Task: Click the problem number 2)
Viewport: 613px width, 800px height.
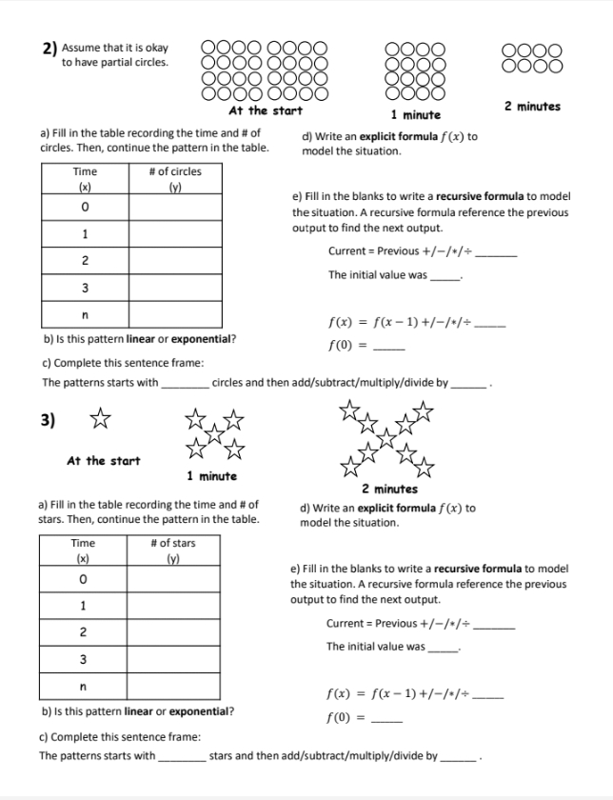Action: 49,48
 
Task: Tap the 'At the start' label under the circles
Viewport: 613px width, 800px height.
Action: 266,110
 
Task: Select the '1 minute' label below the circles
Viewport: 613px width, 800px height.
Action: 414,114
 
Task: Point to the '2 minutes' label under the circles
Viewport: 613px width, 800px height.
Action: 532,106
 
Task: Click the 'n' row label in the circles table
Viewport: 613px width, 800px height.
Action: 85,313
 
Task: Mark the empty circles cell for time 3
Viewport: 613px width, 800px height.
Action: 176,287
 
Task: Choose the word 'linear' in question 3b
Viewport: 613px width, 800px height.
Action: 139,710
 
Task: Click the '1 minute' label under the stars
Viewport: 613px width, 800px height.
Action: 211,475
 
